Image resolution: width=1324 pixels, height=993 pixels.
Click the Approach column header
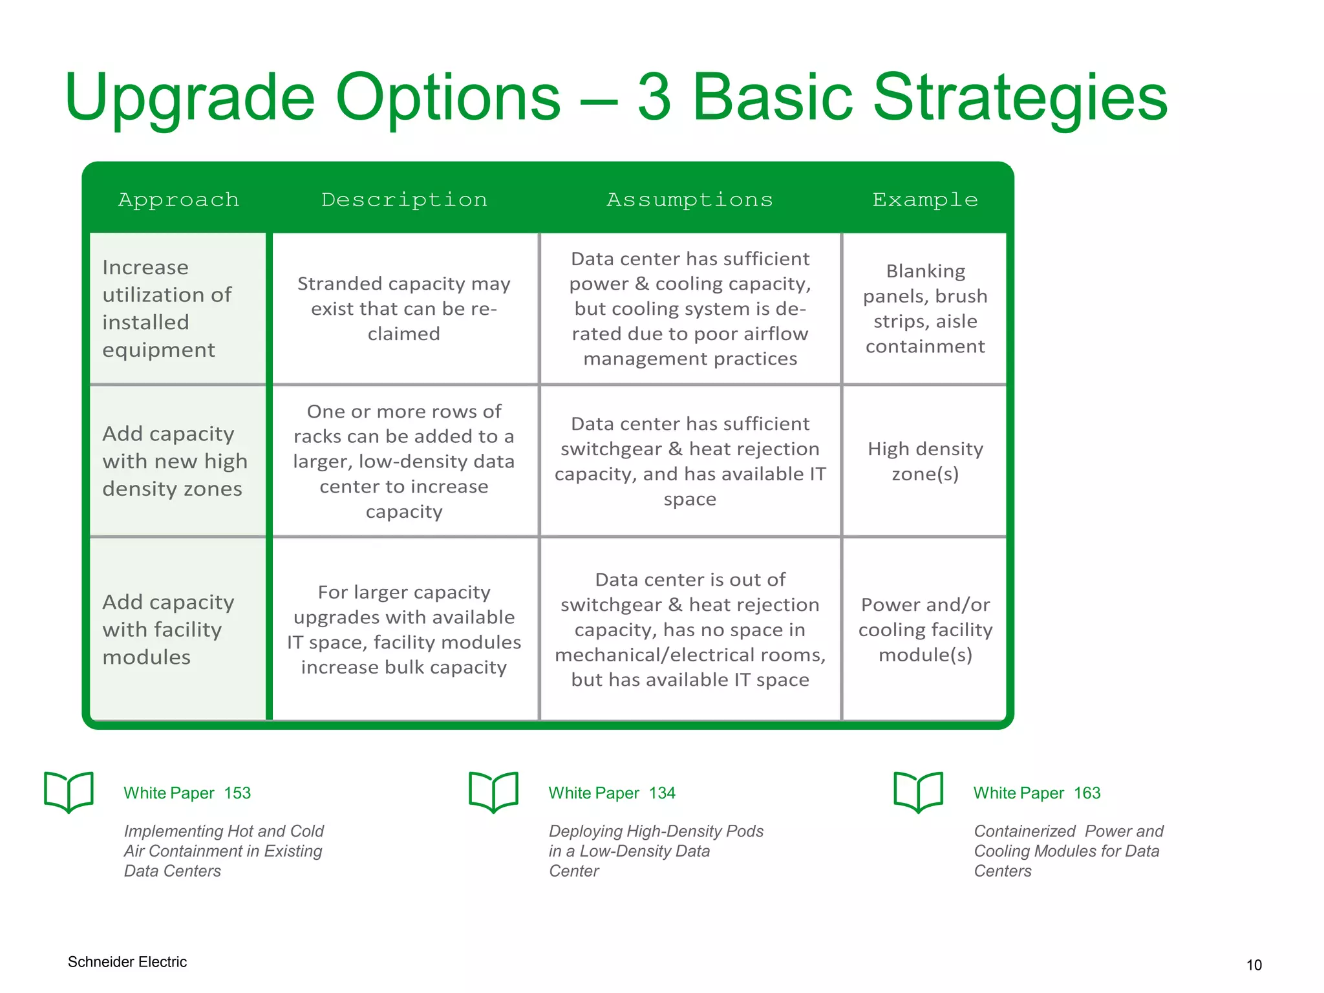(x=178, y=200)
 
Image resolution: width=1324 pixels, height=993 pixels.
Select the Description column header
(x=404, y=200)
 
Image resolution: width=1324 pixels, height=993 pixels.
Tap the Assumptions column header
(x=689, y=200)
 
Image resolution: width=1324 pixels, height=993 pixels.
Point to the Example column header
(x=924, y=200)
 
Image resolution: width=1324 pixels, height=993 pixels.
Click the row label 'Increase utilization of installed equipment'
(x=167, y=308)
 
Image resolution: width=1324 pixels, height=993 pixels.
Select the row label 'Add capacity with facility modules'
(x=168, y=629)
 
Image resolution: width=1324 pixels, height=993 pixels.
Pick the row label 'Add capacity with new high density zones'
(x=175, y=461)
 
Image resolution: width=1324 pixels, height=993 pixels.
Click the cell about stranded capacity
(x=404, y=308)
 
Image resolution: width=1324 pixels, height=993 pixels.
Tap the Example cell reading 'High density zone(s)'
(x=925, y=461)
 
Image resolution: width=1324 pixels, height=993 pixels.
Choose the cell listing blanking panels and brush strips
(x=925, y=308)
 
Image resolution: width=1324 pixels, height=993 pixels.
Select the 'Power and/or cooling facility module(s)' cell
(x=925, y=629)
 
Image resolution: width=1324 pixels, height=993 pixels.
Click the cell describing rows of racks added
(x=404, y=461)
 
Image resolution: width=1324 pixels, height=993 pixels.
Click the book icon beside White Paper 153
(x=69, y=791)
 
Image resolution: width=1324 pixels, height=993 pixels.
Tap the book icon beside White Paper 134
(x=493, y=791)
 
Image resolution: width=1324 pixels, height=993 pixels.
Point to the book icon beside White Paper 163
(x=918, y=791)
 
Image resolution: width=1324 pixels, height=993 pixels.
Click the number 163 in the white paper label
(x=1087, y=793)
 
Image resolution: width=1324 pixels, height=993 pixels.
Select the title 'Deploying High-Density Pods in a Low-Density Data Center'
(x=656, y=851)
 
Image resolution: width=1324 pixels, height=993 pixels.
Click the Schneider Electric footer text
(x=127, y=962)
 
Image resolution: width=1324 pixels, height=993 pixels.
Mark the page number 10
(x=1254, y=965)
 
